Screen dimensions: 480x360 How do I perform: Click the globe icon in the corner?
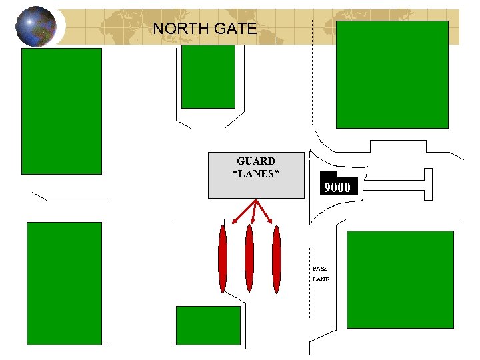[35, 26]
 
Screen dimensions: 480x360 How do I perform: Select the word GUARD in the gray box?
[256, 161]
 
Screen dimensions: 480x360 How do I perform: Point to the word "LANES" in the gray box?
[256, 174]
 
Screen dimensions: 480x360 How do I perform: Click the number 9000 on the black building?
[337, 187]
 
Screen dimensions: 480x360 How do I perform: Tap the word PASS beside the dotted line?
[320, 269]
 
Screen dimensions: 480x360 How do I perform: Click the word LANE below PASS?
[321, 279]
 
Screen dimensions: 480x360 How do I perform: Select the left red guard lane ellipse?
[223, 259]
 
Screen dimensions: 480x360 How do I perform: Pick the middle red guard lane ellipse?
[249, 259]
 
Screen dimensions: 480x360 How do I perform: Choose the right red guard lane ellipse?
[277, 259]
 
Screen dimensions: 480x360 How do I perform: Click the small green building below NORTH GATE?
[208, 76]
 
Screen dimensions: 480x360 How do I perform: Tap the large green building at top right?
[392, 74]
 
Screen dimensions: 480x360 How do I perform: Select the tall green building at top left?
[62, 111]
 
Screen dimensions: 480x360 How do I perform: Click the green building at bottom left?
[64, 283]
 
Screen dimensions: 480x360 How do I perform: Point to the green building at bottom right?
[400, 279]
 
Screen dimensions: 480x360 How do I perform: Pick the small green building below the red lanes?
[207, 325]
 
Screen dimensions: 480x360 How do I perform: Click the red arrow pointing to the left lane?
[244, 211]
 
